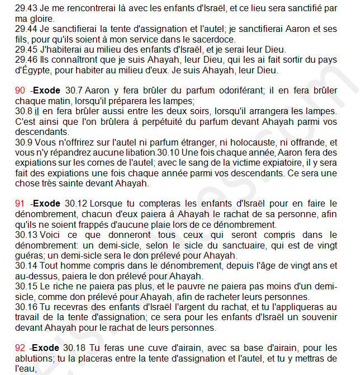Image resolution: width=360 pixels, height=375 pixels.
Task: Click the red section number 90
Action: (x=20, y=91)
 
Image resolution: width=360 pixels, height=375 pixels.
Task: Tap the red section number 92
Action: (x=20, y=348)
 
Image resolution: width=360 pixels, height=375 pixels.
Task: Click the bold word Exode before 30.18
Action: (x=47, y=348)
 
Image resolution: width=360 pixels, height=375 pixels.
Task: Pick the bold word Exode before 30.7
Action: (x=47, y=91)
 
